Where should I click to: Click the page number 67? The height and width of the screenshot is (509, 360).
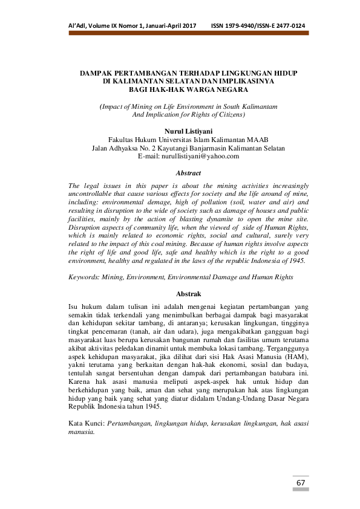click(x=301, y=484)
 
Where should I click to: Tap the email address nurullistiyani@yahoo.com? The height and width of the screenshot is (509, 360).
click(x=200, y=156)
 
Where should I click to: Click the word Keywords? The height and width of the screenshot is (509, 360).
click(x=85, y=277)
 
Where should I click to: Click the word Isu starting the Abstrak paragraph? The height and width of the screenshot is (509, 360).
click(x=74, y=307)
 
